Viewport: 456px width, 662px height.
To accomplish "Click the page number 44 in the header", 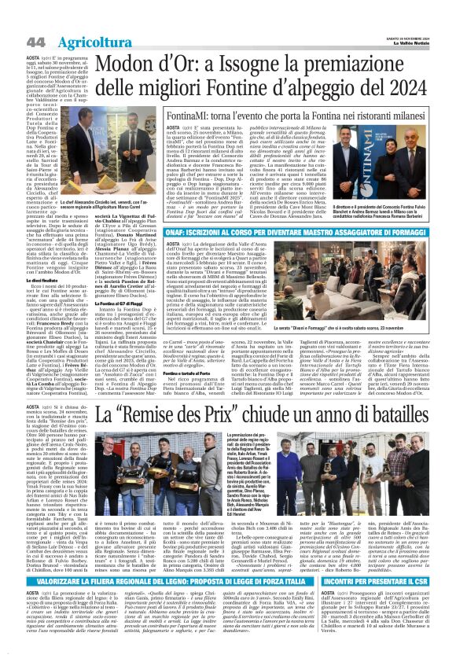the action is pyautogui.click(x=13, y=40).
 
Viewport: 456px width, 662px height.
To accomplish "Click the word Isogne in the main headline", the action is pyautogui.click(x=257, y=62).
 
